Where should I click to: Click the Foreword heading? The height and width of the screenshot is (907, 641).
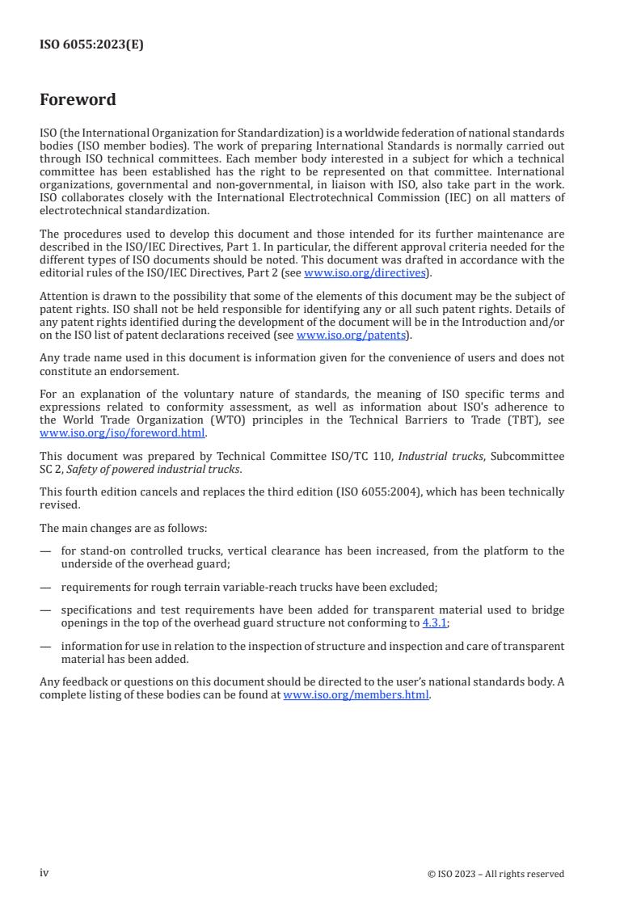(x=78, y=100)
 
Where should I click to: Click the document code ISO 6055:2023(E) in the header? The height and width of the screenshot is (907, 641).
(x=91, y=44)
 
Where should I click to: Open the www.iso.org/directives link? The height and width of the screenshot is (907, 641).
(x=365, y=273)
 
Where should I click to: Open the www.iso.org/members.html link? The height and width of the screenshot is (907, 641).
(x=356, y=695)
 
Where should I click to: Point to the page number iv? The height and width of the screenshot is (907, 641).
(x=44, y=873)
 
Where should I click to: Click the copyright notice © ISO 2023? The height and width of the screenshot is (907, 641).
(x=496, y=874)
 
